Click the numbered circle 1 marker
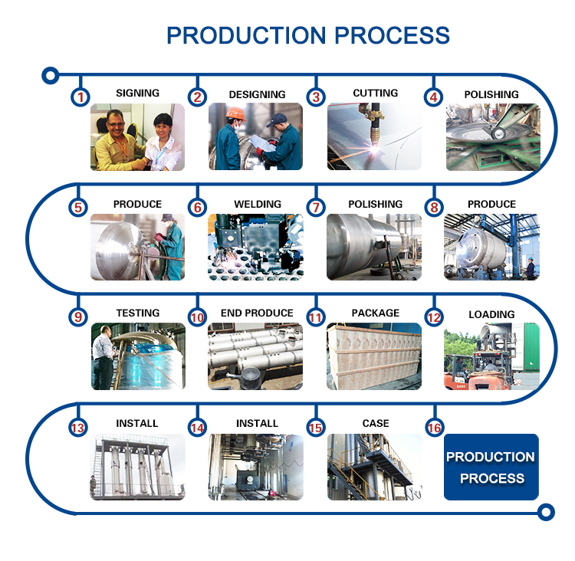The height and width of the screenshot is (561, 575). point(80,97)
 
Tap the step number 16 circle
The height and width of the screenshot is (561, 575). point(435,428)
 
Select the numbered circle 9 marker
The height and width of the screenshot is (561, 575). point(79,317)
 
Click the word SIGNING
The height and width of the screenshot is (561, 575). point(138,93)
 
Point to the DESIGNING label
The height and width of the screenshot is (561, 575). point(257,94)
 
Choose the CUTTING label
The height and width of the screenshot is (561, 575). point(375,93)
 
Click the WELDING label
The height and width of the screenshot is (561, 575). point(257,204)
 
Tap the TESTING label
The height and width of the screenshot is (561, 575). point(138,313)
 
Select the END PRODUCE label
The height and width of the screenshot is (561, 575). point(257,313)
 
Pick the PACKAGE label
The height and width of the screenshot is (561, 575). point(375,313)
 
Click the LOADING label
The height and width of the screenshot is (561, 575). point(491,314)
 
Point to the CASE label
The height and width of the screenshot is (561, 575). point(375,423)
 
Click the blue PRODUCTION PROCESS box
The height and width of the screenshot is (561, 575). point(491,467)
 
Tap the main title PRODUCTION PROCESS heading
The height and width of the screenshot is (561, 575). point(308,35)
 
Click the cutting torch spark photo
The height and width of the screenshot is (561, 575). point(375,136)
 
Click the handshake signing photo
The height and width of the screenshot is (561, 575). point(138,136)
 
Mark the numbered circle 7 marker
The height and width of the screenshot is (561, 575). point(315,208)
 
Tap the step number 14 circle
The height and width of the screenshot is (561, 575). point(198,428)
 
